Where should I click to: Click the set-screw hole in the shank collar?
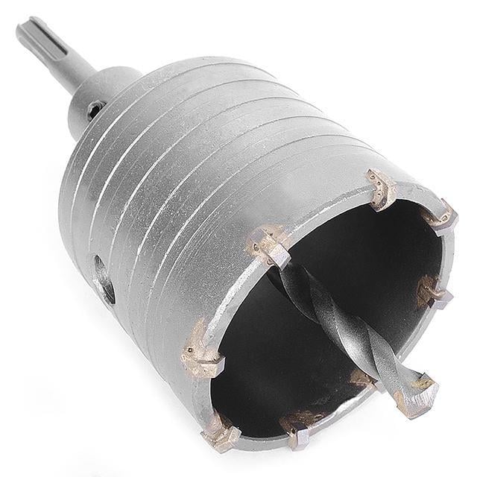[x=94, y=110]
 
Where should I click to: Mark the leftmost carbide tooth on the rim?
[x=201, y=350]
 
